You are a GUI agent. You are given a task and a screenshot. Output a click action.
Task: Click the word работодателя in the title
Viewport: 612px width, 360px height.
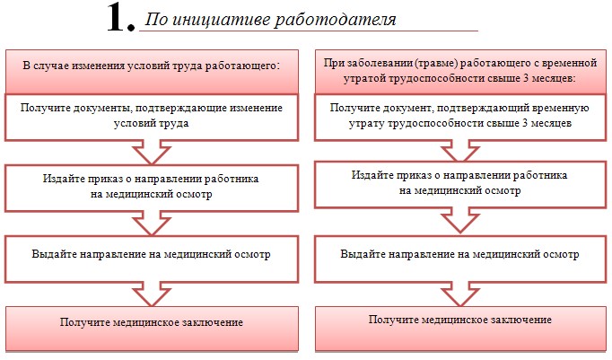[x=335, y=19]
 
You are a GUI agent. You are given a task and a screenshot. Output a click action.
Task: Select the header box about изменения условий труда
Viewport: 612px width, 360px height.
[x=152, y=72]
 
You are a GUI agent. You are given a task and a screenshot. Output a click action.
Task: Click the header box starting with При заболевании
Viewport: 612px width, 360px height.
[x=460, y=72]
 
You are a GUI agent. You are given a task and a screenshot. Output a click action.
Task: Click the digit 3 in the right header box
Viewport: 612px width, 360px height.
[x=526, y=78]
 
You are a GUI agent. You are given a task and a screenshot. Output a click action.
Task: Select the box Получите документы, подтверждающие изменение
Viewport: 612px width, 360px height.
[x=152, y=117]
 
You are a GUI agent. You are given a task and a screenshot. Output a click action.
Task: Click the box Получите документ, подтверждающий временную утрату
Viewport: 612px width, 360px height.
[x=460, y=117]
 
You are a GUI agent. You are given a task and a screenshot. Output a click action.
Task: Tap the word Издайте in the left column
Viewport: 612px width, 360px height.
[x=64, y=179]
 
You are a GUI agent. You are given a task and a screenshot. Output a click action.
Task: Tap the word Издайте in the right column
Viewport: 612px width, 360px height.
[x=372, y=175]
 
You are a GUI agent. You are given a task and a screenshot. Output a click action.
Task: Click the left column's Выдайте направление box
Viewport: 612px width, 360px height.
[x=152, y=259]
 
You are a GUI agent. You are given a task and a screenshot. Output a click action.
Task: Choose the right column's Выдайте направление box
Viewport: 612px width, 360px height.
[x=460, y=259]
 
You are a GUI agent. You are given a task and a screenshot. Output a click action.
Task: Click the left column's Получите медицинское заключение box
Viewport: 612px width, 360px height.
[x=152, y=329]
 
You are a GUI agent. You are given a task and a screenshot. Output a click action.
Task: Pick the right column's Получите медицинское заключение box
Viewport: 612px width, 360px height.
[x=460, y=329]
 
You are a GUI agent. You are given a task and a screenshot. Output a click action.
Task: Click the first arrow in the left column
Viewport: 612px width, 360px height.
[x=152, y=153]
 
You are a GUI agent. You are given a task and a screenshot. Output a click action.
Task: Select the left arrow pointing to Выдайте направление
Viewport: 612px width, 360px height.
[x=152, y=224]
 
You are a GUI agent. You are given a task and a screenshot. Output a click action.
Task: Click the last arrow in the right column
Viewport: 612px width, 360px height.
[x=460, y=294]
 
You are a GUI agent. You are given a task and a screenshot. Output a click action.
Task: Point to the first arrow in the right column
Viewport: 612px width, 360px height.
[x=460, y=151]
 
